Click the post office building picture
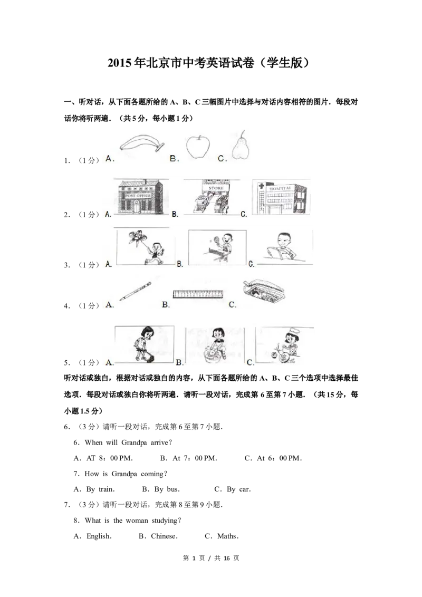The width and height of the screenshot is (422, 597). point(141,197)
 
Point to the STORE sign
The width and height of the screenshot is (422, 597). point(216,188)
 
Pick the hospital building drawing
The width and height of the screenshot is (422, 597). point(282,197)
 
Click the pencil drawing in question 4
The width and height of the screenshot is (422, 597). point(135,291)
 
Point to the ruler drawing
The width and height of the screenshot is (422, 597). point(198,294)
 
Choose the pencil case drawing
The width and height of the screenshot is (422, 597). point(263,293)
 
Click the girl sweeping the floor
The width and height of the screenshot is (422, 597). point(144,344)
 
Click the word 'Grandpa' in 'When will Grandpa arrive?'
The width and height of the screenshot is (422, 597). point(134,443)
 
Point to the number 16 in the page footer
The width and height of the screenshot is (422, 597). point(227,558)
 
